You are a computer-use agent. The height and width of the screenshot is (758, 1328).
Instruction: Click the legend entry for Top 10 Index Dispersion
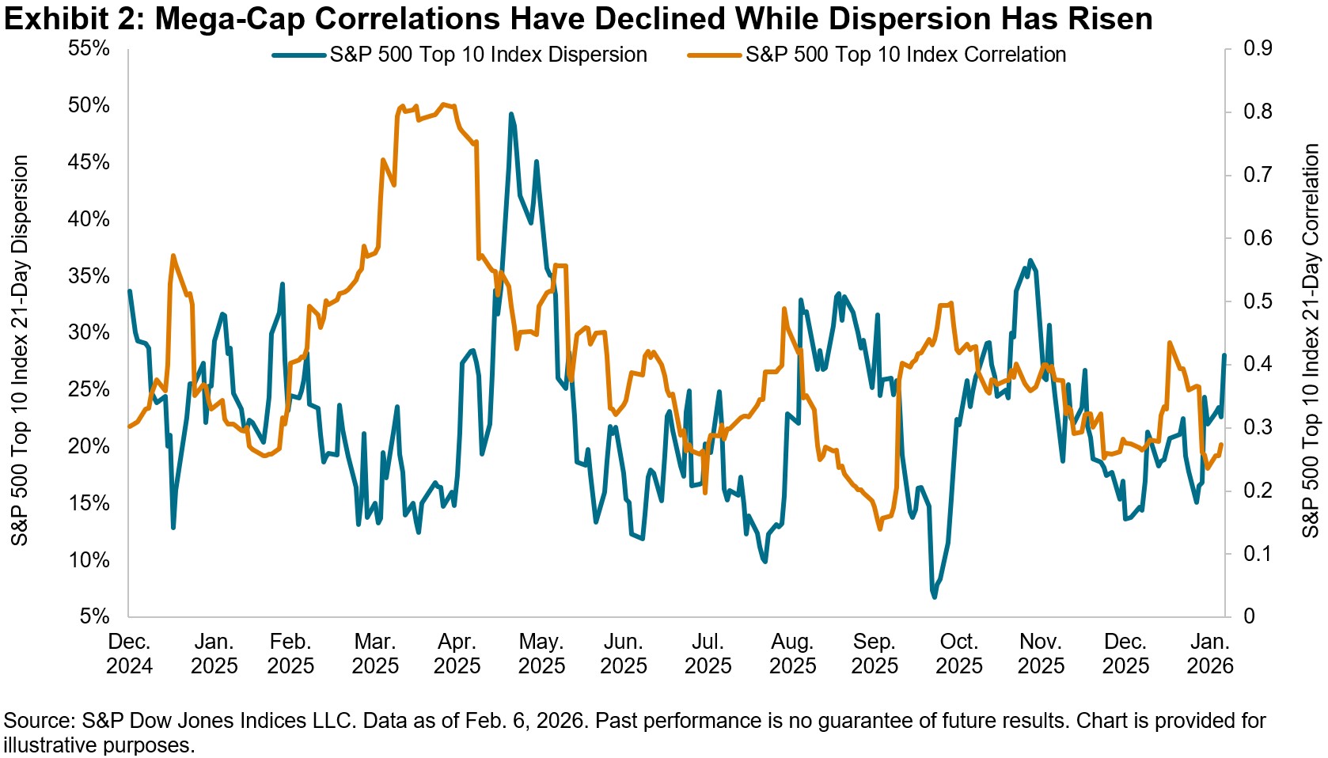pos(488,55)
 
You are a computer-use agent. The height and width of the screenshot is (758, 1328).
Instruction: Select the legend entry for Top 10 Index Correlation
pos(905,55)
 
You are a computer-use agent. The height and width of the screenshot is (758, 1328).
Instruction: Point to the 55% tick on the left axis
pos(89,48)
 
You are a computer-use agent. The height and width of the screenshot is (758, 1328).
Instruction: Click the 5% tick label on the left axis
pos(94,616)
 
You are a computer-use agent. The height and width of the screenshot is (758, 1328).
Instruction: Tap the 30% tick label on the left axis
pos(89,332)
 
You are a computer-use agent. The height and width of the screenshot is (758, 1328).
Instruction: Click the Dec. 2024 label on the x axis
pos(129,654)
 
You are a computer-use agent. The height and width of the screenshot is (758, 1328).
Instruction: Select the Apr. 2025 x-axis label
pos(457,654)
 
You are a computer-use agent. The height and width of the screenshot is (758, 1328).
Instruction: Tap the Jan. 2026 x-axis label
pos(1210,654)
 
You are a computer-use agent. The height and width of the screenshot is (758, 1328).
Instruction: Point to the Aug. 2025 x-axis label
pos(792,654)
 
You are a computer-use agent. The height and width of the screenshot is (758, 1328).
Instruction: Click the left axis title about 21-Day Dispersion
pos(20,350)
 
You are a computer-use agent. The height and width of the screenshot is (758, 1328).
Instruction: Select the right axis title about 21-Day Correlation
pos(1311,340)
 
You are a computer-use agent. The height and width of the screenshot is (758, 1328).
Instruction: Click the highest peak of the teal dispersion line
pos(511,114)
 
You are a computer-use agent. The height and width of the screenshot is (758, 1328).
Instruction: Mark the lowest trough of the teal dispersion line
pos(934,597)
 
